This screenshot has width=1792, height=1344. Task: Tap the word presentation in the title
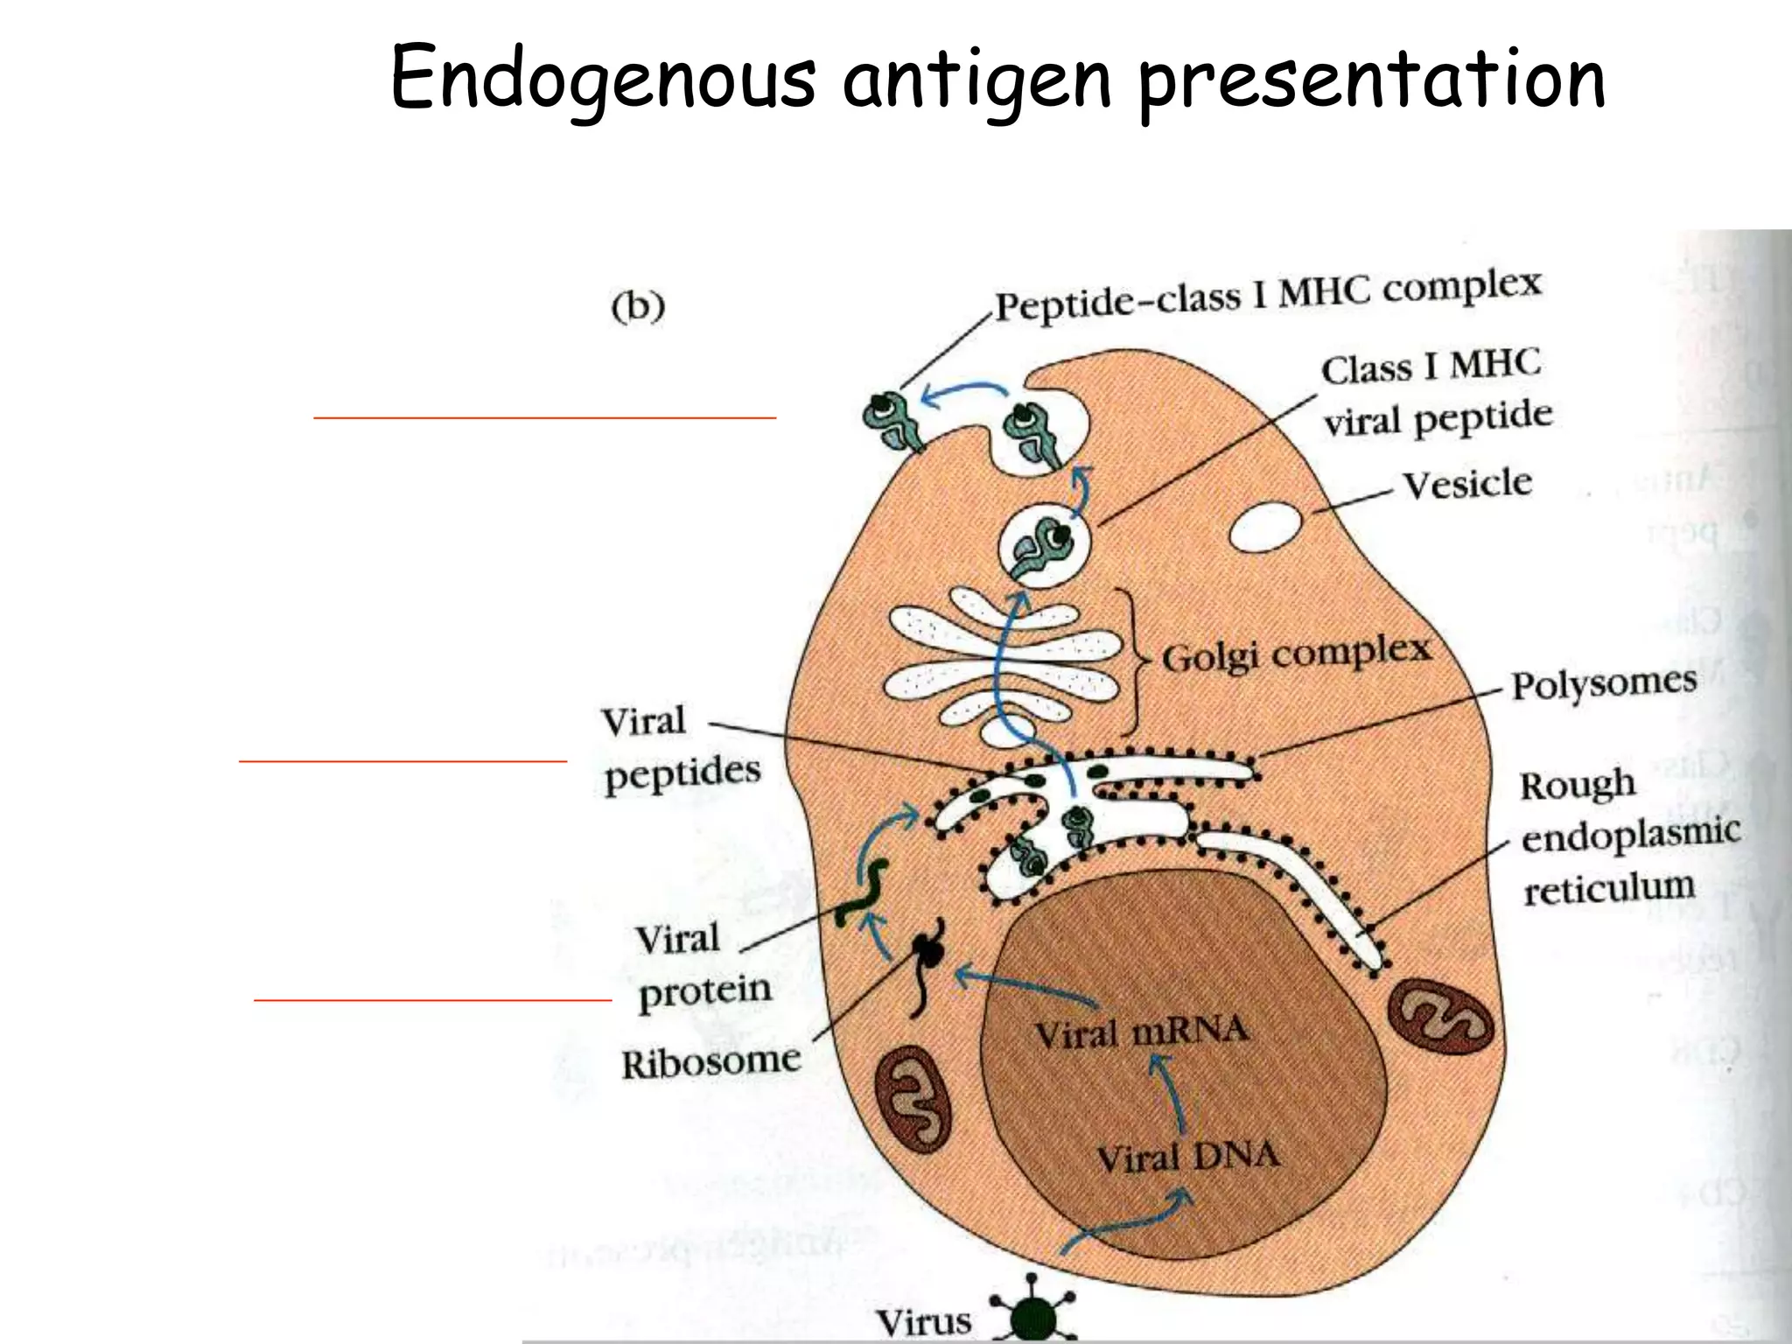(1371, 80)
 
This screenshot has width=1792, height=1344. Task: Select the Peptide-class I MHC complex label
(1268, 297)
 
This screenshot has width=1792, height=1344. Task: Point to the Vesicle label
(1467, 484)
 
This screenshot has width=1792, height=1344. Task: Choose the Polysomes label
(1604, 683)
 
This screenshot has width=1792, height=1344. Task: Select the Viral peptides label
(681, 748)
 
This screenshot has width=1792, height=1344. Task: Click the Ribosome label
(710, 1063)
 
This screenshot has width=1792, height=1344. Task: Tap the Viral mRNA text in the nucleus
(1141, 1032)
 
